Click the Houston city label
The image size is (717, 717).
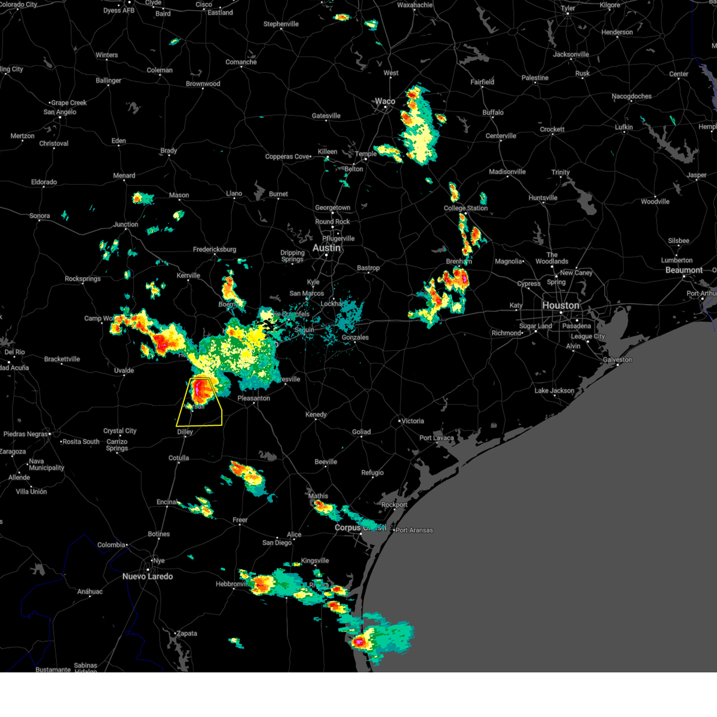pyautogui.click(x=560, y=305)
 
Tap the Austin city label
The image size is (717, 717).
pyautogui.click(x=326, y=248)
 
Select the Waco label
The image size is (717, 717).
pyautogui.click(x=385, y=101)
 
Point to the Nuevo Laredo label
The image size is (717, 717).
pyautogui.click(x=148, y=577)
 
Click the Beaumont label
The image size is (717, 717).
pyautogui.click(x=684, y=270)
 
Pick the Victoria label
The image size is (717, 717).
pyautogui.click(x=412, y=421)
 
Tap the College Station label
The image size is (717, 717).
pyautogui.click(x=465, y=208)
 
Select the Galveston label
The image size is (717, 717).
pyautogui.click(x=617, y=360)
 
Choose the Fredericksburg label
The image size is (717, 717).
pyautogui.click(x=215, y=249)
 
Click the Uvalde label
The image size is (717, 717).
pyautogui.click(x=124, y=370)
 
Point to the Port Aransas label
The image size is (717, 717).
pyautogui.click(x=414, y=530)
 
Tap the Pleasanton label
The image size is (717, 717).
pyautogui.click(x=254, y=398)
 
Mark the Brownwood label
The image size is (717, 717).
pyautogui.click(x=203, y=84)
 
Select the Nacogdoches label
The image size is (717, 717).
pyautogui.click(x=632, y=96)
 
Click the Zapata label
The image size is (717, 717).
pyautogui.click(x=186, y=633)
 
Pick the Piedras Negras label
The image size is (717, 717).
pyautogui.click(x=26, y=434)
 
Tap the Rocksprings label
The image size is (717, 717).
pyautogui.click(x=82, y=279)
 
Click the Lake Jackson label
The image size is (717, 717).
pyautogui.click(x=554, y=391)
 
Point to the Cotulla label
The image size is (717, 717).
pyautogui.click(x=179, y=458)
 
